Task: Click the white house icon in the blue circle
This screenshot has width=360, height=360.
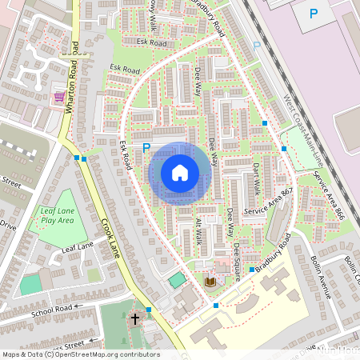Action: pos(180,173)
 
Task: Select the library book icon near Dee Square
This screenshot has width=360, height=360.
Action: pos(210,282)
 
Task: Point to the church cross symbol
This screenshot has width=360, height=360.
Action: pos(135,319)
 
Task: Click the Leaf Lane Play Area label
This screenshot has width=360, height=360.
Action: pos(58,215)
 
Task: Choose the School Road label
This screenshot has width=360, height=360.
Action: pos(58,307)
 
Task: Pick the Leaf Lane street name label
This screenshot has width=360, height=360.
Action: pos(78,250)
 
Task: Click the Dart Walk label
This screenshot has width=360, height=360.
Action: pos(256,177)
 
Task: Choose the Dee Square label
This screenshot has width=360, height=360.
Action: pos(237,257)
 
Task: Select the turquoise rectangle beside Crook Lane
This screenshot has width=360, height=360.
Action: pos(176,279)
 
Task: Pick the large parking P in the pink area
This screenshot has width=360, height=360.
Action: pos(313,13)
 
